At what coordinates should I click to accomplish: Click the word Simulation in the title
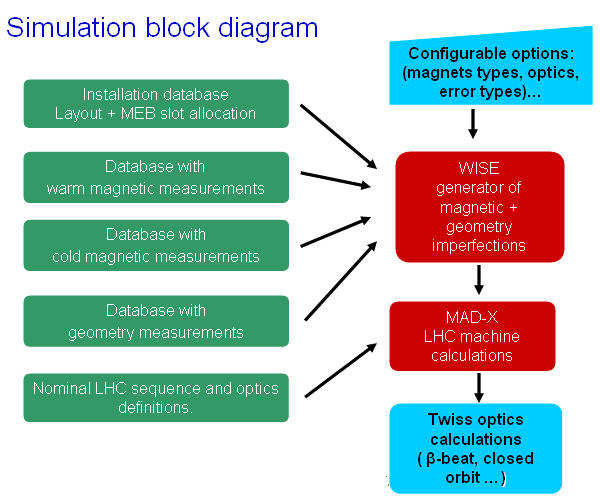[71, 28]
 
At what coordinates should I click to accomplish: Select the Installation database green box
[156, 104]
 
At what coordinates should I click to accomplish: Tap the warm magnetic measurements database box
[156, 177]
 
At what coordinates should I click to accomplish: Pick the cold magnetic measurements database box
[156, 245]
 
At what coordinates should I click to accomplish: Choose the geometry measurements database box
[156, 321]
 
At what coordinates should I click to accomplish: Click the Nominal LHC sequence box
[156, 397]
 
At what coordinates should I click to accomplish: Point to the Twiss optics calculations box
[476, 448]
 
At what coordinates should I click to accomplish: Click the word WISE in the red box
[479, 168]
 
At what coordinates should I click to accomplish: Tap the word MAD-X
[472, 317]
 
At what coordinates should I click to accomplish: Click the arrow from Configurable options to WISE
[473, 124]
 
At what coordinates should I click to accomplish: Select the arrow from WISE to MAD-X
[479, 280]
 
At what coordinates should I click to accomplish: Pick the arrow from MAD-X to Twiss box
[479, 387]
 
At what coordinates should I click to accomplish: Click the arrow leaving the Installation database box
[339, 136]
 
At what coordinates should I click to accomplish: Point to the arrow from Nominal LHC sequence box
[341, 370]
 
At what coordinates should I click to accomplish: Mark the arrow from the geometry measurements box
[341, 281]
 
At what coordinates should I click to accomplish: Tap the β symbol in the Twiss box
[431, 459]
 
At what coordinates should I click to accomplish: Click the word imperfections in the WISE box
[479, 246]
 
